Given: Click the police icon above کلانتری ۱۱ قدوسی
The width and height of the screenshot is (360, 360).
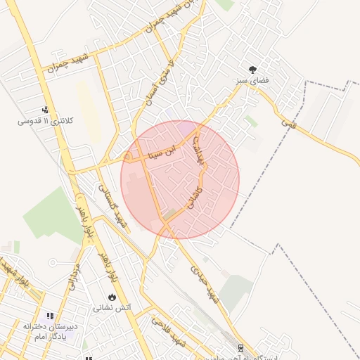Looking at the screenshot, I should tap(45, 109).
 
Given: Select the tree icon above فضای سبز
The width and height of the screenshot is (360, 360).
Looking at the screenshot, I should tap(252, 70).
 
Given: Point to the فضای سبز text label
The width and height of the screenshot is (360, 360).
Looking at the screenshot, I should tap(252, 82).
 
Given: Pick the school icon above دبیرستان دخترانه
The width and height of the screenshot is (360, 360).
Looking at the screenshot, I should tap(49, 317).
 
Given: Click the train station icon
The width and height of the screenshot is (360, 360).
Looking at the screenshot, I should tap(241, 347).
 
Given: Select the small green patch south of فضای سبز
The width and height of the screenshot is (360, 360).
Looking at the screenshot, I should tap(251, 122).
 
